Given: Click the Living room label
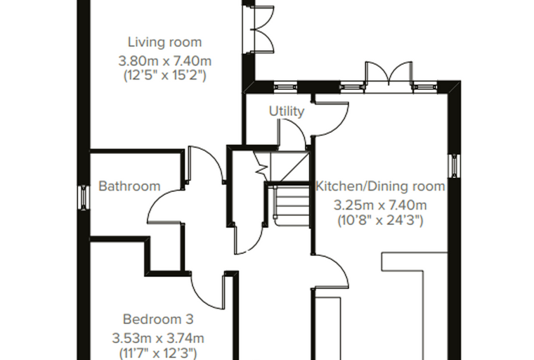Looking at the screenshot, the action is (165, 42).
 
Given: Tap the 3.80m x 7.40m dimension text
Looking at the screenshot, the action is (165, 61).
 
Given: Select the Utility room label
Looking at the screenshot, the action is (287, 112).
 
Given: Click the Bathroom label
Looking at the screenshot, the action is (129, 186).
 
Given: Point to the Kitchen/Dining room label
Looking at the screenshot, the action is (380, 186).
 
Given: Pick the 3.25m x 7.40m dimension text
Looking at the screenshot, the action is (380, 205).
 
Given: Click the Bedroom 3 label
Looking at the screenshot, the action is (158, 319).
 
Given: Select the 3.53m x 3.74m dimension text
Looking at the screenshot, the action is (158, 338).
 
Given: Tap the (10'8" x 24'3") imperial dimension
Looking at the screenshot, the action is (380, 220).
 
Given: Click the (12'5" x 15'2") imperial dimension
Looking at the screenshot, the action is (165, 75).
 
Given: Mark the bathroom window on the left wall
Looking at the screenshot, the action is (83, 198).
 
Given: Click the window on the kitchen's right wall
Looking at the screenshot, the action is (455, 166).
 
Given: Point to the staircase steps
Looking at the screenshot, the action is (292, 207).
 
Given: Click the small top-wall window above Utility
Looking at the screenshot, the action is (285, 87).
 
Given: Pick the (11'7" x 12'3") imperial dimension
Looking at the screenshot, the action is (158, 352).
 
